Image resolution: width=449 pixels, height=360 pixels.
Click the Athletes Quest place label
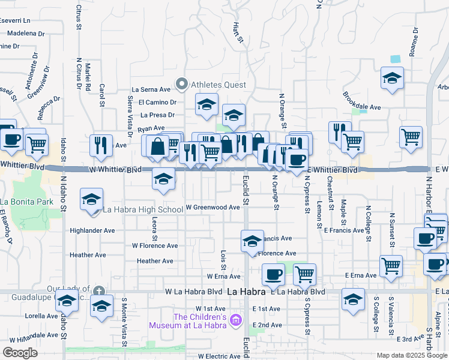coord(218,85)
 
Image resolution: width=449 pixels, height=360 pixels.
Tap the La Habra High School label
coord(143,209)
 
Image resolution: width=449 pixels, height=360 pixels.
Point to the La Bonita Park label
coord(27,201)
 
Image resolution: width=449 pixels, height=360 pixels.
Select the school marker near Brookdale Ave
coord(392,78)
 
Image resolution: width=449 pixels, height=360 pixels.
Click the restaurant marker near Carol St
coord(100,146)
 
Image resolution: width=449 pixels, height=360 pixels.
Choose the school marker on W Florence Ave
coord(253,241)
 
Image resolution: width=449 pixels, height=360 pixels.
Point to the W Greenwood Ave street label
coord(212,208)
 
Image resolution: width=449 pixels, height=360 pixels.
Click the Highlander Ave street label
coord(92,230)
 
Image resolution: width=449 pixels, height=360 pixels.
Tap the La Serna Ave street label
coord(155,89)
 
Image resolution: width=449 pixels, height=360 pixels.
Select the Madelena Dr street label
coord(26,34)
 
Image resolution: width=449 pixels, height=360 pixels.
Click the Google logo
coord(20,353)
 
